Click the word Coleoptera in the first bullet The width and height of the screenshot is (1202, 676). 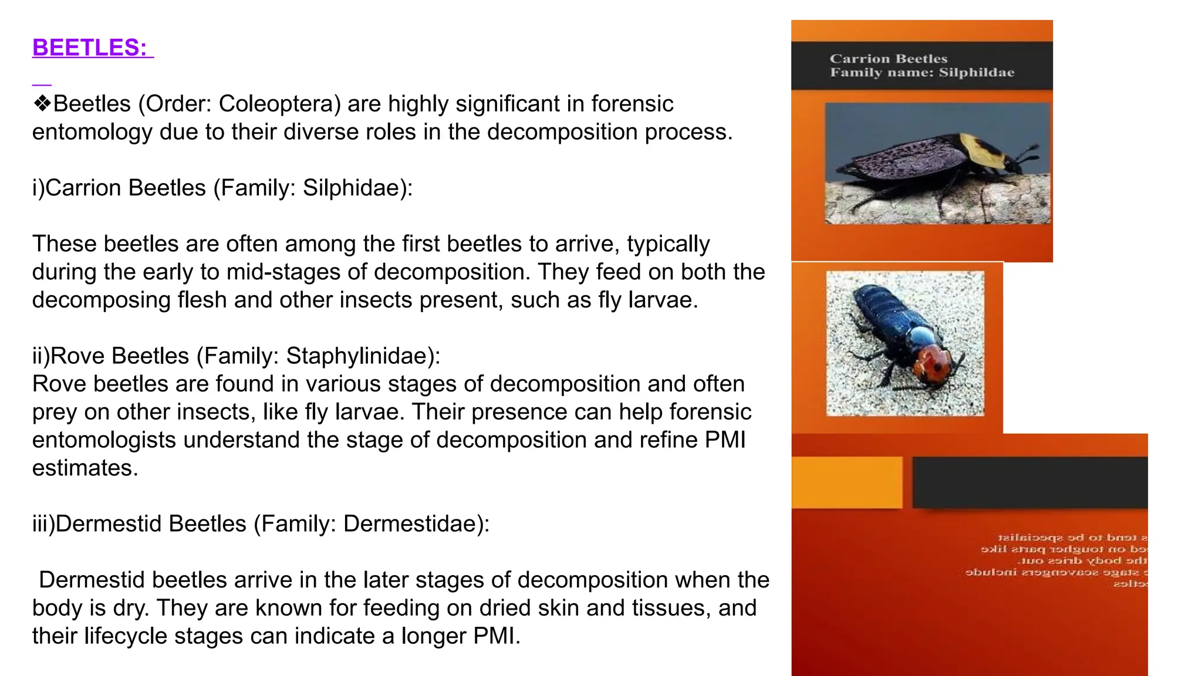click(x=279, y=104)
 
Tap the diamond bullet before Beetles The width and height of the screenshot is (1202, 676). click(x=42, y=104)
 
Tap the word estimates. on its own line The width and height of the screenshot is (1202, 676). click(x=85, y=468)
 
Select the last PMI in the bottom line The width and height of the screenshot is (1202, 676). click(x=496, y=636)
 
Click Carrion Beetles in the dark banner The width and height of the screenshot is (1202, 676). click(x=888, y=59)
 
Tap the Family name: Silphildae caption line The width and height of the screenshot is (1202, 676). click(x=921, y=73)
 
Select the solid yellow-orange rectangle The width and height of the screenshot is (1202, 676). click(x=846, y=482)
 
